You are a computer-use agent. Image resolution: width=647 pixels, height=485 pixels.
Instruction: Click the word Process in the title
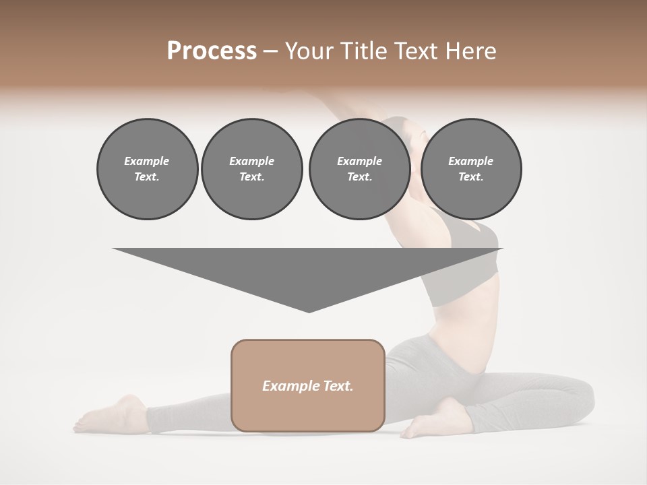212,51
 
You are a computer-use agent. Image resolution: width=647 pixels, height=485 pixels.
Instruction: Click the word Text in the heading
417,51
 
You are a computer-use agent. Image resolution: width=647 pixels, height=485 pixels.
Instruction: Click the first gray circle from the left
147,168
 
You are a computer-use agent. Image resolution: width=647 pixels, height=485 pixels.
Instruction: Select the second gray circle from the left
251,168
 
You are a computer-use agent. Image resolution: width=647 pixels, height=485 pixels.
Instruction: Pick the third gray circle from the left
359,168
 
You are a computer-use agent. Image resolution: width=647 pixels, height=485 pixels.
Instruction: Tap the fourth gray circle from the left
470,168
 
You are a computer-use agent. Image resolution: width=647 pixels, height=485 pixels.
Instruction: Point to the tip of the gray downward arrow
309,311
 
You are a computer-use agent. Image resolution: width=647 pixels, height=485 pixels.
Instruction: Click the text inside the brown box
308,386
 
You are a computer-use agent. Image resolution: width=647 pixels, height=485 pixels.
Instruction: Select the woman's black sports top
465,263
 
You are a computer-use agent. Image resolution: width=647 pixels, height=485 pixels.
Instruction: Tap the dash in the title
271,51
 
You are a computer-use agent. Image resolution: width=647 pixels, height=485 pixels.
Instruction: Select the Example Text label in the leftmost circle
147,168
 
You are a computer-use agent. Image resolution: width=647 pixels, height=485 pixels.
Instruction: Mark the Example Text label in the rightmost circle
470,168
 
